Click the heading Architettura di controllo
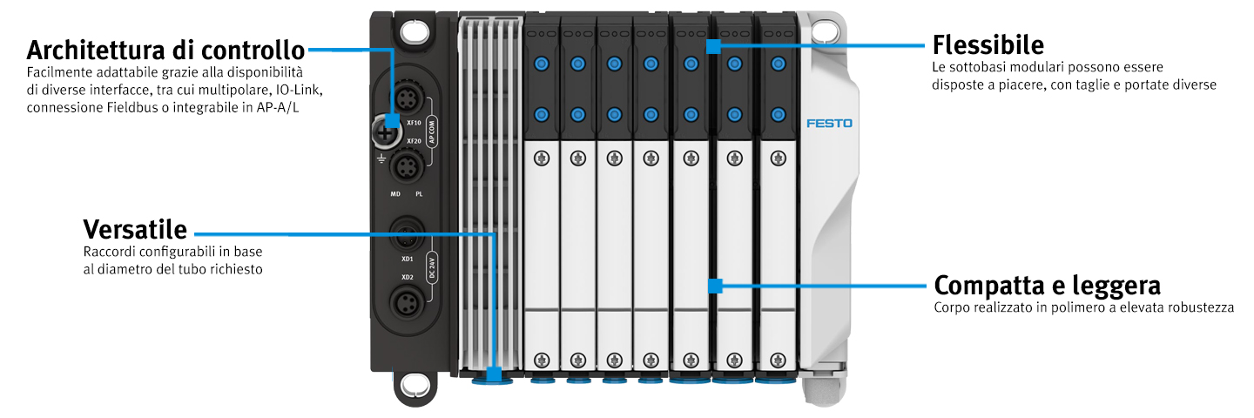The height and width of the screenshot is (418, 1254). pos(165,51)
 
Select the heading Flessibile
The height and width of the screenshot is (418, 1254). pos(988,44)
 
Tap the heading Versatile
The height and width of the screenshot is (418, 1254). pos(135,229)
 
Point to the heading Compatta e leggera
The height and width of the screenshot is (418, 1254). pos(1047,286)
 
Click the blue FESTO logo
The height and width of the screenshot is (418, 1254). pos(829,123)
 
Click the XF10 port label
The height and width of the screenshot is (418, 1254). pos(414,123)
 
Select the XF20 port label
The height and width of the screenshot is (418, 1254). pos(414,141)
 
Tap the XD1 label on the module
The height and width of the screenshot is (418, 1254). pos(407,260)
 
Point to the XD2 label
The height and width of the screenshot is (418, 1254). pos(407,277)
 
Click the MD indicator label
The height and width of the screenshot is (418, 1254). pos(395,194)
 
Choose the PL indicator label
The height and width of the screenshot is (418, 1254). pos(419,194)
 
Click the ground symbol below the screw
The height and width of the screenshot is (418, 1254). pos(381,158)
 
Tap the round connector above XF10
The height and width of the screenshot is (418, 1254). pos(408,98)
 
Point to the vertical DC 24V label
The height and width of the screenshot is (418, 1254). pos(431,268)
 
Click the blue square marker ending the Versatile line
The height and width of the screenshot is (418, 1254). pos(494,374)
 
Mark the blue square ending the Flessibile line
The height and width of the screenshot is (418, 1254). pos(713,46)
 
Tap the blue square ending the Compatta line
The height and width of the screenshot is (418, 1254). pos(715,286)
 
